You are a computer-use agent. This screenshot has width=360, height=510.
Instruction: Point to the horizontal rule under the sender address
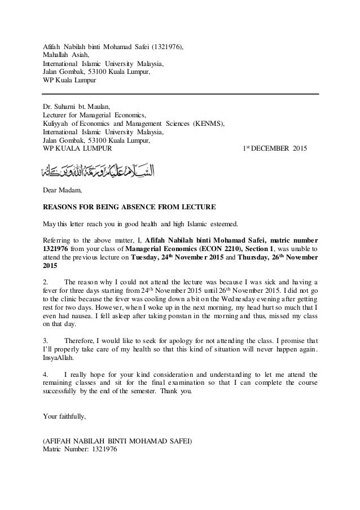point(181,94)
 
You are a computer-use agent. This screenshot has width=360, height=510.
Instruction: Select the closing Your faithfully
point(65,417)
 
